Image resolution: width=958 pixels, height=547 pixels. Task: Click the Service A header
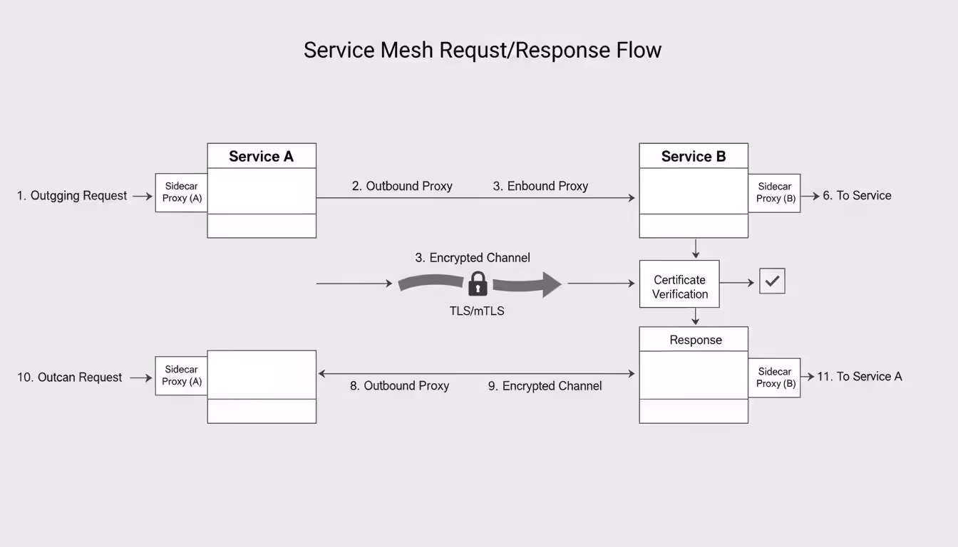261,156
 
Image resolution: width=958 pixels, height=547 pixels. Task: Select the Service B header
693,156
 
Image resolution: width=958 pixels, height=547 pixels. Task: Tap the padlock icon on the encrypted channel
478,284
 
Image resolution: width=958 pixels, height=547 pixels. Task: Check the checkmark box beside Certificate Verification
772,281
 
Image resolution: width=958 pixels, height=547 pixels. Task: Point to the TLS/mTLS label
477,311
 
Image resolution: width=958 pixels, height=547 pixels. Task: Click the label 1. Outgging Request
72,196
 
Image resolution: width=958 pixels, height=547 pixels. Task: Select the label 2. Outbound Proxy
402,186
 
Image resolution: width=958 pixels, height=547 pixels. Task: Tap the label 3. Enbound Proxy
540,186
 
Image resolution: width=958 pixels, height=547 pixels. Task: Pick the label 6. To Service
857,196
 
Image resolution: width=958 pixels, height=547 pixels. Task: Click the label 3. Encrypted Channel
473,258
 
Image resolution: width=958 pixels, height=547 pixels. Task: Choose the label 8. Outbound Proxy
399,386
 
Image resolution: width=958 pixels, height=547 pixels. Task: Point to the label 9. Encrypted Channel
545,386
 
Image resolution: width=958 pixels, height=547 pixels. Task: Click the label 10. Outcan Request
70,377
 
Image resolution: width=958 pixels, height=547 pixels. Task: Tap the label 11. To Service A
859,377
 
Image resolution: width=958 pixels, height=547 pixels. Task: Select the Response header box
694,340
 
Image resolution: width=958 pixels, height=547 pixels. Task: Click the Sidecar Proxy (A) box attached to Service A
182,192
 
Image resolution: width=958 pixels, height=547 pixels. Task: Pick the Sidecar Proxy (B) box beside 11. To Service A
774,377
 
